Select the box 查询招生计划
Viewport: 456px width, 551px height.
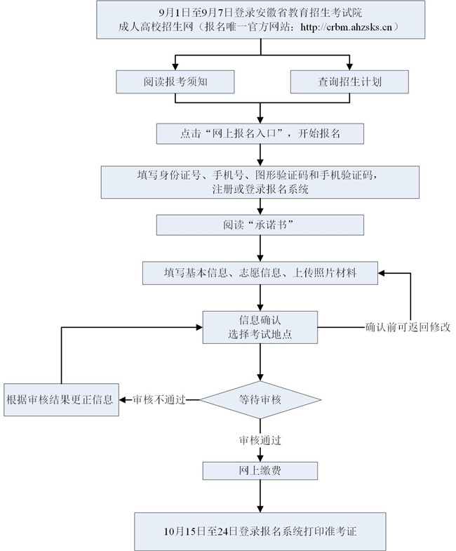349,81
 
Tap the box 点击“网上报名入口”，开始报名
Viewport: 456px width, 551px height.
260,133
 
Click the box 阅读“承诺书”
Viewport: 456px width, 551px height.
260,225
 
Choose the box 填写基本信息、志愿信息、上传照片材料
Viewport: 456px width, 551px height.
260,273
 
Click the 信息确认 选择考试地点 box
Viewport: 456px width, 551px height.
260,327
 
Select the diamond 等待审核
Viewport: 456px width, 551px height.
260,400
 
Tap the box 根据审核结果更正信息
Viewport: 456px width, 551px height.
60,400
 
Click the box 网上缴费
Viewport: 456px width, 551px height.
260,470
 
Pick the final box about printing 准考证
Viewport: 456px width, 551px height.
260,531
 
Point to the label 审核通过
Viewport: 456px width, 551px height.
260,440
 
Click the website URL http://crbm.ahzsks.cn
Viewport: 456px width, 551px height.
349,27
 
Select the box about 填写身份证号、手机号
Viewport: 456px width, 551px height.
260,182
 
